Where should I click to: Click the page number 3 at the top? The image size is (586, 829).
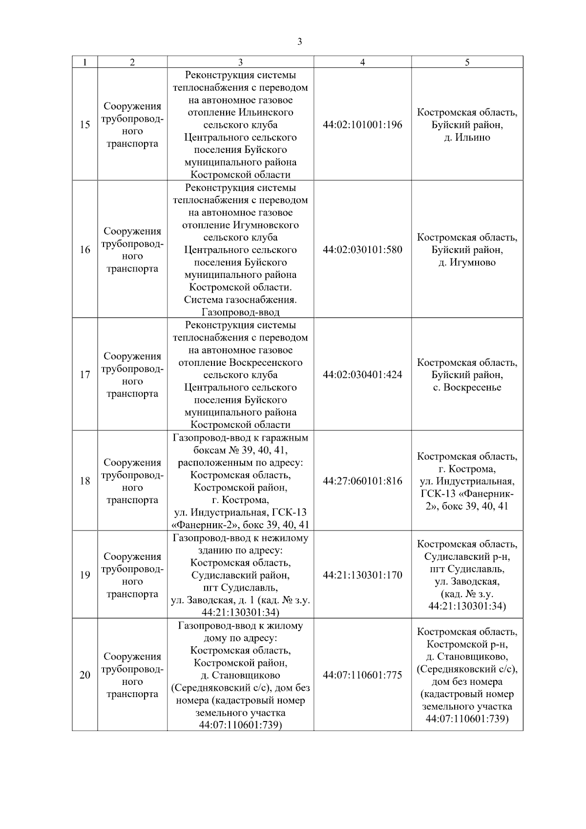[x=299, y=42]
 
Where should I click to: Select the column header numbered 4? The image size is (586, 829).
[x=362, y=62]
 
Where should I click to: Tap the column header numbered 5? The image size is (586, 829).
[x=467, y=62]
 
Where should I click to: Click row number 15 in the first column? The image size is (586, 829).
[x=85, y=125]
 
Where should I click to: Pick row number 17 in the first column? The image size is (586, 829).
[x=85, y=375]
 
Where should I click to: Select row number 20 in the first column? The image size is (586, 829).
[x=85, y=675]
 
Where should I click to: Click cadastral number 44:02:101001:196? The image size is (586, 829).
[x=362, y=125]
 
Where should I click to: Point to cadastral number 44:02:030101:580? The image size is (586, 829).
[x=362, y=250]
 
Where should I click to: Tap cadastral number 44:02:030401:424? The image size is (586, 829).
[x=362, y=375]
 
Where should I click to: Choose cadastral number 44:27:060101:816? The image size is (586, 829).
[x=362, y=481]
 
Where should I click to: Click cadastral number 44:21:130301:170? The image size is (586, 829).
[x=362, y=575]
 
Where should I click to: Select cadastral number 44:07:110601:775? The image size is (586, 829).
[x=362, y=675]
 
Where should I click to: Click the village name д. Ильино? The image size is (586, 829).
[x=467, y=137]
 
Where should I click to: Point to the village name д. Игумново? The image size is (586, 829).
[x=467, y=262]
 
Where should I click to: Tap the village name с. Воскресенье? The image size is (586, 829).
[x=467, y=387]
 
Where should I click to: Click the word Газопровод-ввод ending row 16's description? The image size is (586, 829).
[x=240, y=312]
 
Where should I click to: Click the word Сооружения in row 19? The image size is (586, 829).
[x=132, y=556]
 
